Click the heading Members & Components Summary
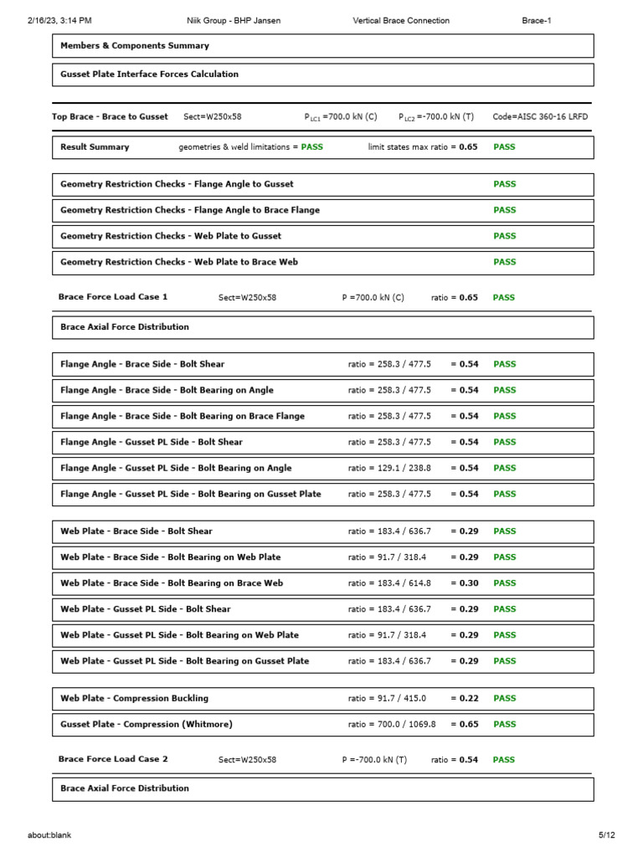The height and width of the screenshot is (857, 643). click(x=135, y=46)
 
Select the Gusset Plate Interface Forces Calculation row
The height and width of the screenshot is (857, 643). click(x=149, y=74)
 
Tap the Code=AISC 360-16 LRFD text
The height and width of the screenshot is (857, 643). click(x=540, y=117)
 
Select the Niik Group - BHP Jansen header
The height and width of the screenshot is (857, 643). click(x=233, y=20)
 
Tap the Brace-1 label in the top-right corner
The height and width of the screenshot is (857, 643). click(x=537, y=20)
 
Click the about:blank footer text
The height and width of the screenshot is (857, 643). click(x=49, y=835)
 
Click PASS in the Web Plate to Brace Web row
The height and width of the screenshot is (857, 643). click(x=505, y=262)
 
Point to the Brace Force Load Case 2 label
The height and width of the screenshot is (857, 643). click(x=113, y=759)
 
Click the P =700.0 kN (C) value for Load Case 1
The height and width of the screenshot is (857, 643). click(x=373, y=298)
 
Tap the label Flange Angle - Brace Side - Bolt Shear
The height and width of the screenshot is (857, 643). click(x=142, y=365)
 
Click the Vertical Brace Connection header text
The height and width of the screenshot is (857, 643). click(x=401, y=20)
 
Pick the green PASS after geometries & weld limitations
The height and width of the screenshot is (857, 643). click(x=312, y=147)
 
